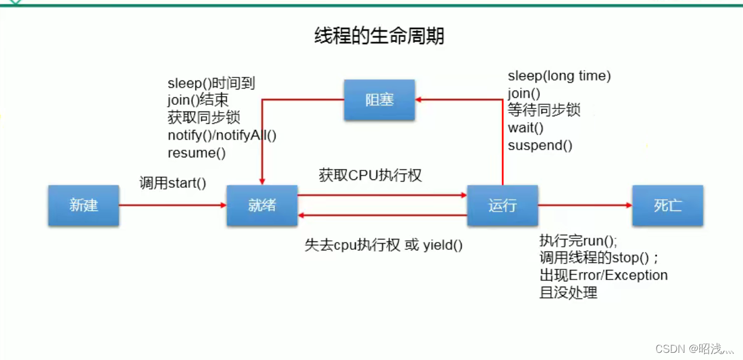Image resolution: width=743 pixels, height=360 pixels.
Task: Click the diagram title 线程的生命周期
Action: point(379,36)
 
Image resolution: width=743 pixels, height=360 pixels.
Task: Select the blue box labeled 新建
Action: point(83,206)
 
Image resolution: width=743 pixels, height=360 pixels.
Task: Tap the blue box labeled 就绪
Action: point(262,206)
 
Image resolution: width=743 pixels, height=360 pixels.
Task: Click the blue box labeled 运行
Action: point(502,206)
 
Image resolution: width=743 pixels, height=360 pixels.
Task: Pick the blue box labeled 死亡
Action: point(667,206)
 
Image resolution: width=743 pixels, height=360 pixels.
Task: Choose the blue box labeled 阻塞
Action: point(379,100)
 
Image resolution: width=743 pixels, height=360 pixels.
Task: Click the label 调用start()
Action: point(172,183)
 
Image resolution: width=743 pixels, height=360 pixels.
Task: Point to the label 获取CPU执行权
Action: point(370,175)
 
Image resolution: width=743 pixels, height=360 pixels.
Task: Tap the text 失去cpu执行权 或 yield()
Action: point(383,245)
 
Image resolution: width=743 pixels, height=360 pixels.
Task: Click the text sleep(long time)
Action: point(559,76)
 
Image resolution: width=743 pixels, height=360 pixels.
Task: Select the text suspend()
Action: point(540,145)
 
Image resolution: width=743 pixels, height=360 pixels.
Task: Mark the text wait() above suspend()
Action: point(525,128)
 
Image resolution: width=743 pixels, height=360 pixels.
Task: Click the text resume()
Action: point(197,153)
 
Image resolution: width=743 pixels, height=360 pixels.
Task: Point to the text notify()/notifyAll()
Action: point(222,135)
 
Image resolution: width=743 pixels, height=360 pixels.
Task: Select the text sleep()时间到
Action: point(211,83)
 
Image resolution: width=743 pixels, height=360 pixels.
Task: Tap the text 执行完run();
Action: point(578,241)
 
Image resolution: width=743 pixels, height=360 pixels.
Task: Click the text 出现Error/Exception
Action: point(603,275)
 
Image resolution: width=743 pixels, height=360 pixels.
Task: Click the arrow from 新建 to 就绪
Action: point(172,205)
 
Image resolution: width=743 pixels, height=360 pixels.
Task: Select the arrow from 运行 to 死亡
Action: point(584,205)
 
